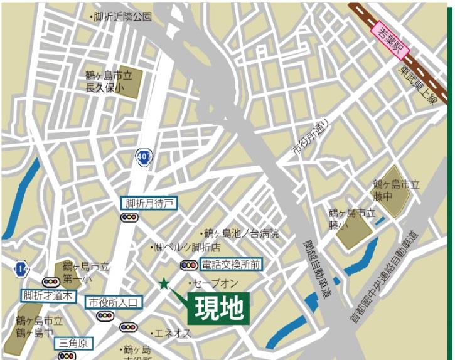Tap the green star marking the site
(164, 283)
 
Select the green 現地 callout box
(219, 308)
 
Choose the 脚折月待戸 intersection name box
(149, 203)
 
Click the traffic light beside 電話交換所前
(188, 265)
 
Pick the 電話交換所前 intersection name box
(231, 264)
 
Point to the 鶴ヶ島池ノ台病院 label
(239, 233)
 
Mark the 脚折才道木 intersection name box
(48, 295)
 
